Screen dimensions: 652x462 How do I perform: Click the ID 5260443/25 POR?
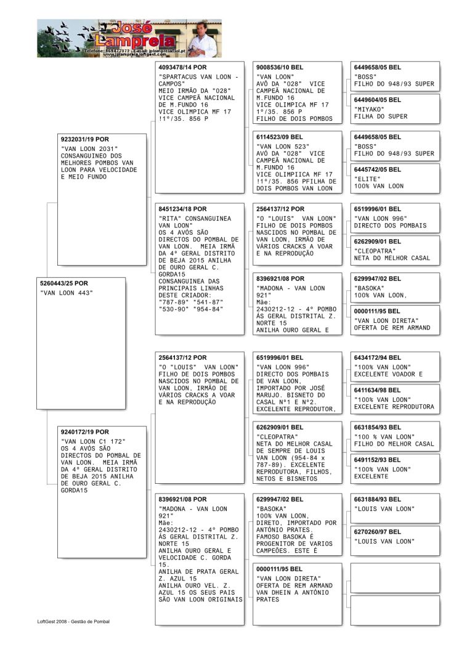click(x=64, y=283)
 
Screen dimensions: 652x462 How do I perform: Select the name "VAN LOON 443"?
click(x=67, y=293)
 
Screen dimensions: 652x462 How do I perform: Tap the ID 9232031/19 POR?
click(x=84, y=139)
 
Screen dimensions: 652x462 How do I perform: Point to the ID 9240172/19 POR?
click(x=84, y=432)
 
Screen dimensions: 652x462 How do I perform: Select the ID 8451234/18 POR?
click(x=183, y=209)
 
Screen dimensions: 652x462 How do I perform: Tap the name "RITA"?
click(x=171, y=219)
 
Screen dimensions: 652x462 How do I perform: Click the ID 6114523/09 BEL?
click(x=280, y=137)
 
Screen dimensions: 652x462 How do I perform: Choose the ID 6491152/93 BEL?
click(x=378, y=459)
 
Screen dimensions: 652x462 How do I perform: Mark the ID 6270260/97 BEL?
click(x=378, y=531)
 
